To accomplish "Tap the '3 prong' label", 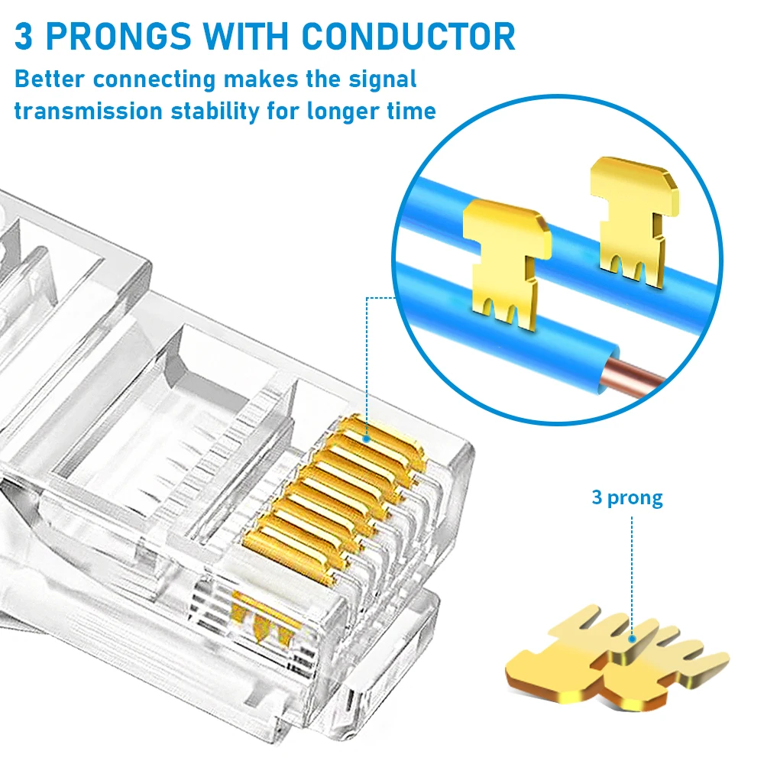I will pos(626,498).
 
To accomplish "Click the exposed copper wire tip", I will pos(638,374).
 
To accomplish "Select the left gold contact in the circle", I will pos(504,260).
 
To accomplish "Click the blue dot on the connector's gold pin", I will pos(367,439).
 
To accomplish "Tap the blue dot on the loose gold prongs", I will pos(633,640).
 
